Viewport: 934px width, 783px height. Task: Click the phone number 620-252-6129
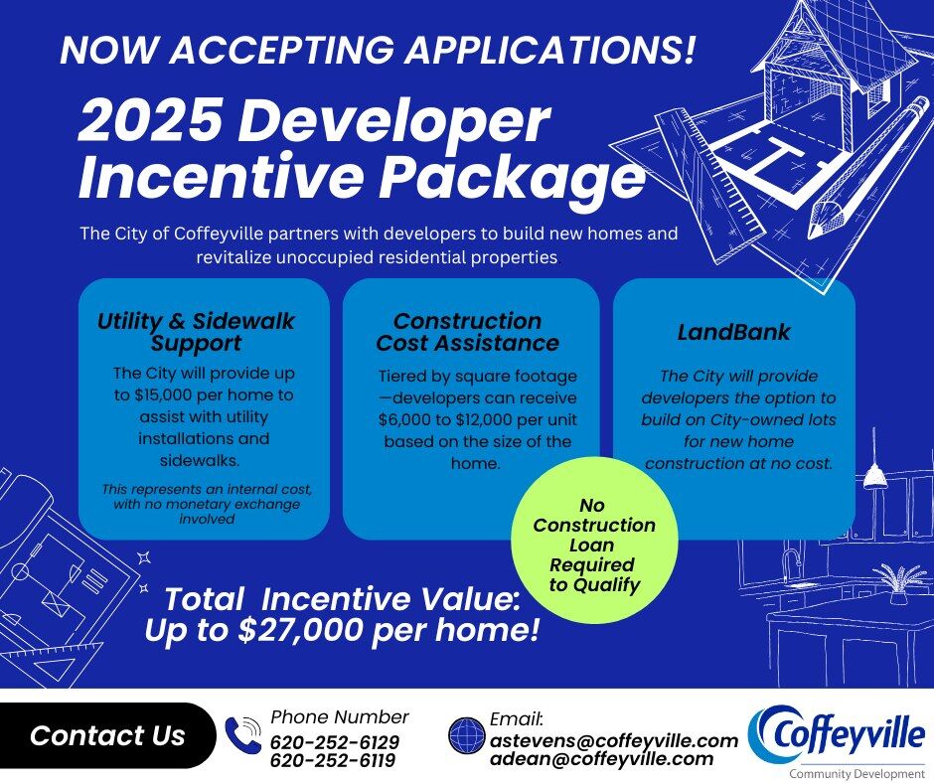click(x=334, y=742)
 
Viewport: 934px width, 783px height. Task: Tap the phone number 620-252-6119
click(x=332, y=761)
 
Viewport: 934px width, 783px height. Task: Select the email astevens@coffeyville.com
click(x=614, y=740)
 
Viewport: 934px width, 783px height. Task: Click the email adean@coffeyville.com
click(x=601, y=759)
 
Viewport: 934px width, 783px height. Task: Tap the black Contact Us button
click(x=107, y=735)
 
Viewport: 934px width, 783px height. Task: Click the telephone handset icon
click(x=243, y=736)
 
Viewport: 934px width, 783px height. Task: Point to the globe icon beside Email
click(x=466, y=736)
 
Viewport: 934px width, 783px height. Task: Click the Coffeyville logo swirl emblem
click(x=766, y=731)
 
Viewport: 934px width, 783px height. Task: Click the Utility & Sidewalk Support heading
click(x=196, y=333)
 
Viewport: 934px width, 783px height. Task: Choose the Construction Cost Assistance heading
click(x=467, y=332)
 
